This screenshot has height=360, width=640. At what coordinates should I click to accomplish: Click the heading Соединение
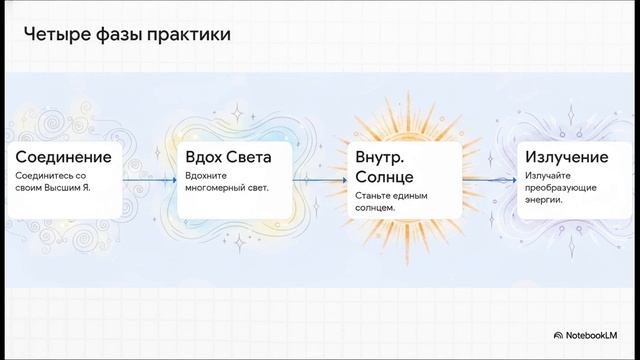pos(62,158)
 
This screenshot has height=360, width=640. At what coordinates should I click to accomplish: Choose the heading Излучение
pos(567,158)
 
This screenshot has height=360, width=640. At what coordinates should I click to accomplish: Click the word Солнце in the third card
pos(383,177)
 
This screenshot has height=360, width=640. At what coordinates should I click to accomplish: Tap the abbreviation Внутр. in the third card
pos(382,158)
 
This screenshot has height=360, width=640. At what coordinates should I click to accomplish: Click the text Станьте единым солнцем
pos(391,201)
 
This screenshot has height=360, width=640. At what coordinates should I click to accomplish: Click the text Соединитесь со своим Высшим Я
pos(56,181)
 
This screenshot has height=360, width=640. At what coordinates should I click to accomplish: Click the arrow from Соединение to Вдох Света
pos(149,181)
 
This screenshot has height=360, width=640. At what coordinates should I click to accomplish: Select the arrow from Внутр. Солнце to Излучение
pos(490,181)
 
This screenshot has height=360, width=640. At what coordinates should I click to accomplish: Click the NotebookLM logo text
pos(598,336)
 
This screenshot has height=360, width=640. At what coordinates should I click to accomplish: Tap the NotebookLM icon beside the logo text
pos(557,336)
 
